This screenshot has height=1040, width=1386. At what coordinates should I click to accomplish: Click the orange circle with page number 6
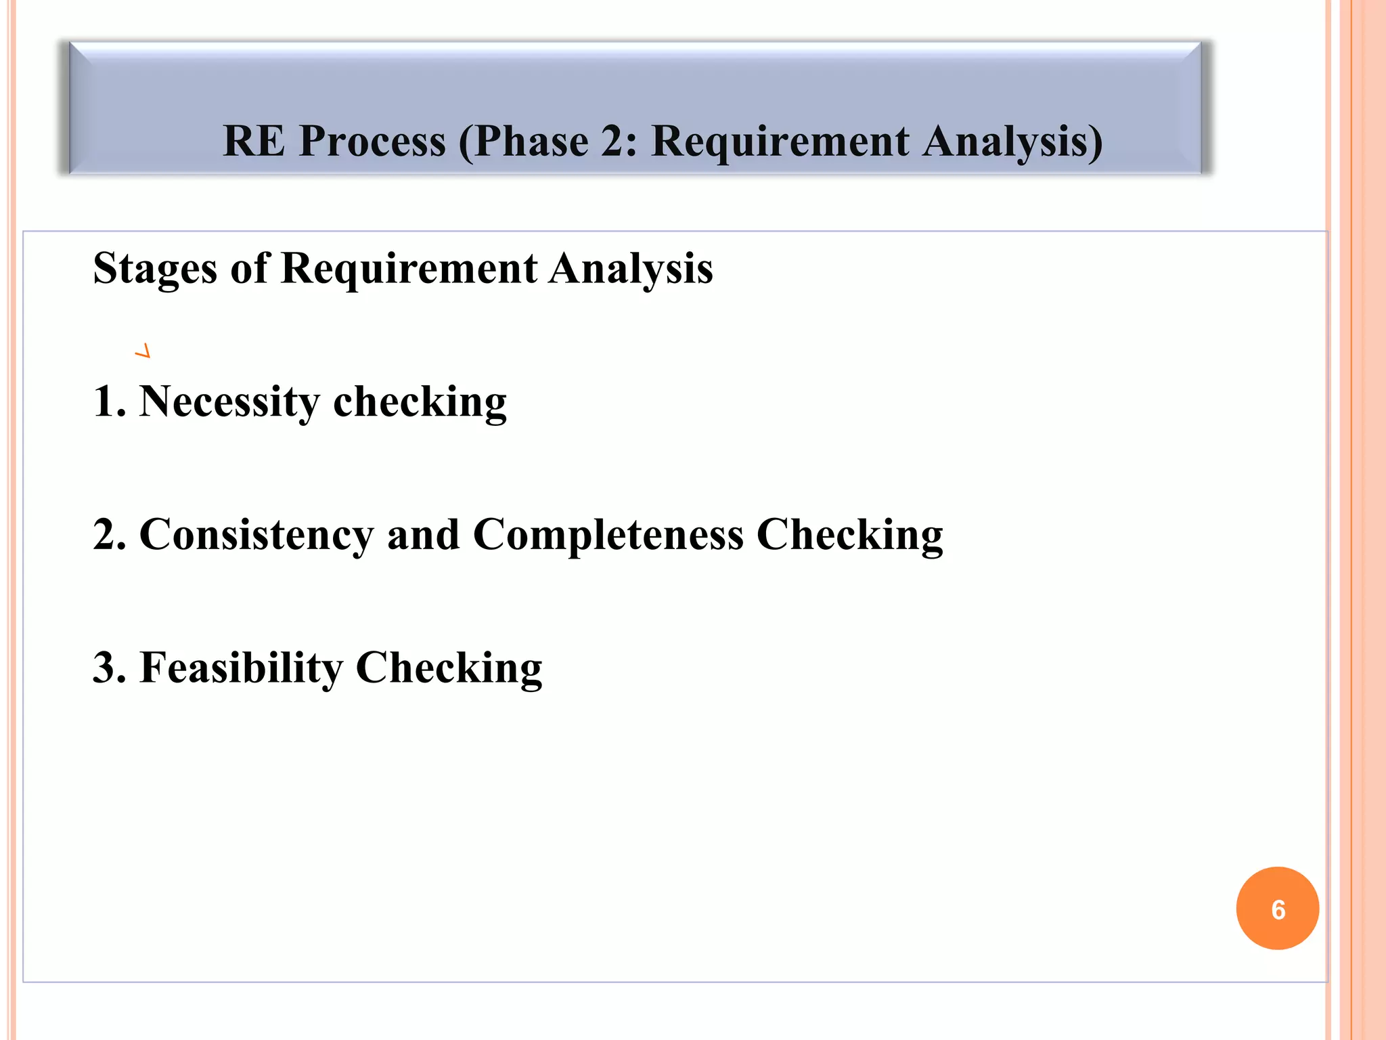(x=1277, y=909)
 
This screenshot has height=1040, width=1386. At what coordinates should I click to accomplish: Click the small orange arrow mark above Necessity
(x=143, y=351)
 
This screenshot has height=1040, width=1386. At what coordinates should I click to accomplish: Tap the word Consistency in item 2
(x=256, y=535)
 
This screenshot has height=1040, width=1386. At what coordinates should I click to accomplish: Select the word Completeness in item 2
(x=608, y=535)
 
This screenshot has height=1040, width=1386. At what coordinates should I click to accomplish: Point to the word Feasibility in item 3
(x=241, y=668)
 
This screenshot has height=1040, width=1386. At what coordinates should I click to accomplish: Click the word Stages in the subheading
(x=155, y=269)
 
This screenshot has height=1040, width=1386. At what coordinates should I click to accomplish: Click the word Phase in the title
(x=531, y=142)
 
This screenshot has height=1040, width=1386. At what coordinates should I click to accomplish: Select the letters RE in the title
(x=254, y=142)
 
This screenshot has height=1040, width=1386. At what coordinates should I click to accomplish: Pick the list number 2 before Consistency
(x=108, y=535)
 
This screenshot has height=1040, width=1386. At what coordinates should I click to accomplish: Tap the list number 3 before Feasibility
(x=108, y=668)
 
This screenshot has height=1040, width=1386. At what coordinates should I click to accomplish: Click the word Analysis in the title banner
(x=1012, y=142)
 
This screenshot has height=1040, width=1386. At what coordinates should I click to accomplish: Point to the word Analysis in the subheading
(x=631, y=269)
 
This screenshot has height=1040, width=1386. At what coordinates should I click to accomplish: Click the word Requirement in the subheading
(x=409, y=269)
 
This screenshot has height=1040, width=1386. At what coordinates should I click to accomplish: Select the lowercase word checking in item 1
(x=420, y=402)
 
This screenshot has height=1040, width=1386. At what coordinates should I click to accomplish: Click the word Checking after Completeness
(x=849, y=535)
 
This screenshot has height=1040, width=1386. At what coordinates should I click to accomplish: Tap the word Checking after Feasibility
(x=449, y=668)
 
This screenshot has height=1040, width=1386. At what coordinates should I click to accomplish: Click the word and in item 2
(x=423, y=535)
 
